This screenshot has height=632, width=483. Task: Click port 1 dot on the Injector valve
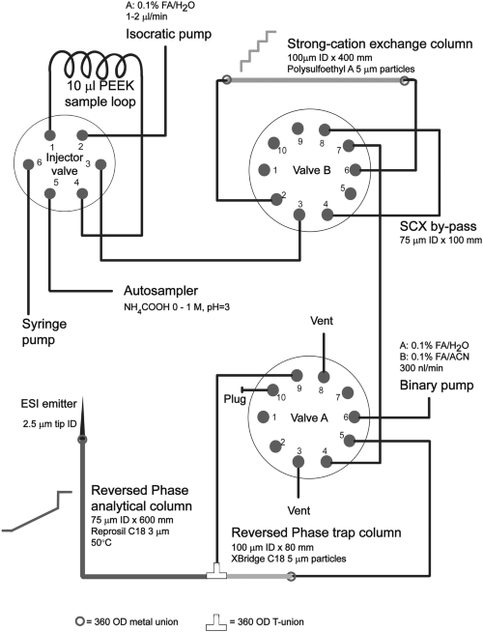coord(50,134)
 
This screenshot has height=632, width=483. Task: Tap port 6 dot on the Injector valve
coord(29,164)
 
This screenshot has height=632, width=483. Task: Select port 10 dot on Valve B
coord(274,143)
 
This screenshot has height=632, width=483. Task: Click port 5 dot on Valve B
coord(352,193)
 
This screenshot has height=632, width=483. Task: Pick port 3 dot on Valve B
coord(299,215)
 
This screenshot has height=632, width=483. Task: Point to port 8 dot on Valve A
coord(324,377)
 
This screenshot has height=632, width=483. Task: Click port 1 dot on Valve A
coord(264,417)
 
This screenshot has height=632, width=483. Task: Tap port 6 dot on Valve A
coord(355,417)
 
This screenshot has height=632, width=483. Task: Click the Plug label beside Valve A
coord(235,399)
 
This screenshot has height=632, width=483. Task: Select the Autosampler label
coord(160,291)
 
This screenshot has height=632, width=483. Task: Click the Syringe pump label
coord(44,331)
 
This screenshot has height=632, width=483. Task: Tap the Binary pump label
coord(437,386)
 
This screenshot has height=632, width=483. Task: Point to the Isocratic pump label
coord(168,34)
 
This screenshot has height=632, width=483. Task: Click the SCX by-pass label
coord(438,226)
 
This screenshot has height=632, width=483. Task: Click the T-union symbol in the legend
coord(216,622)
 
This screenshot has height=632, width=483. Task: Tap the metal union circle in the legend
coord(80,621)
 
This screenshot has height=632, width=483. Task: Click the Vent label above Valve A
coord(322,321)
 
